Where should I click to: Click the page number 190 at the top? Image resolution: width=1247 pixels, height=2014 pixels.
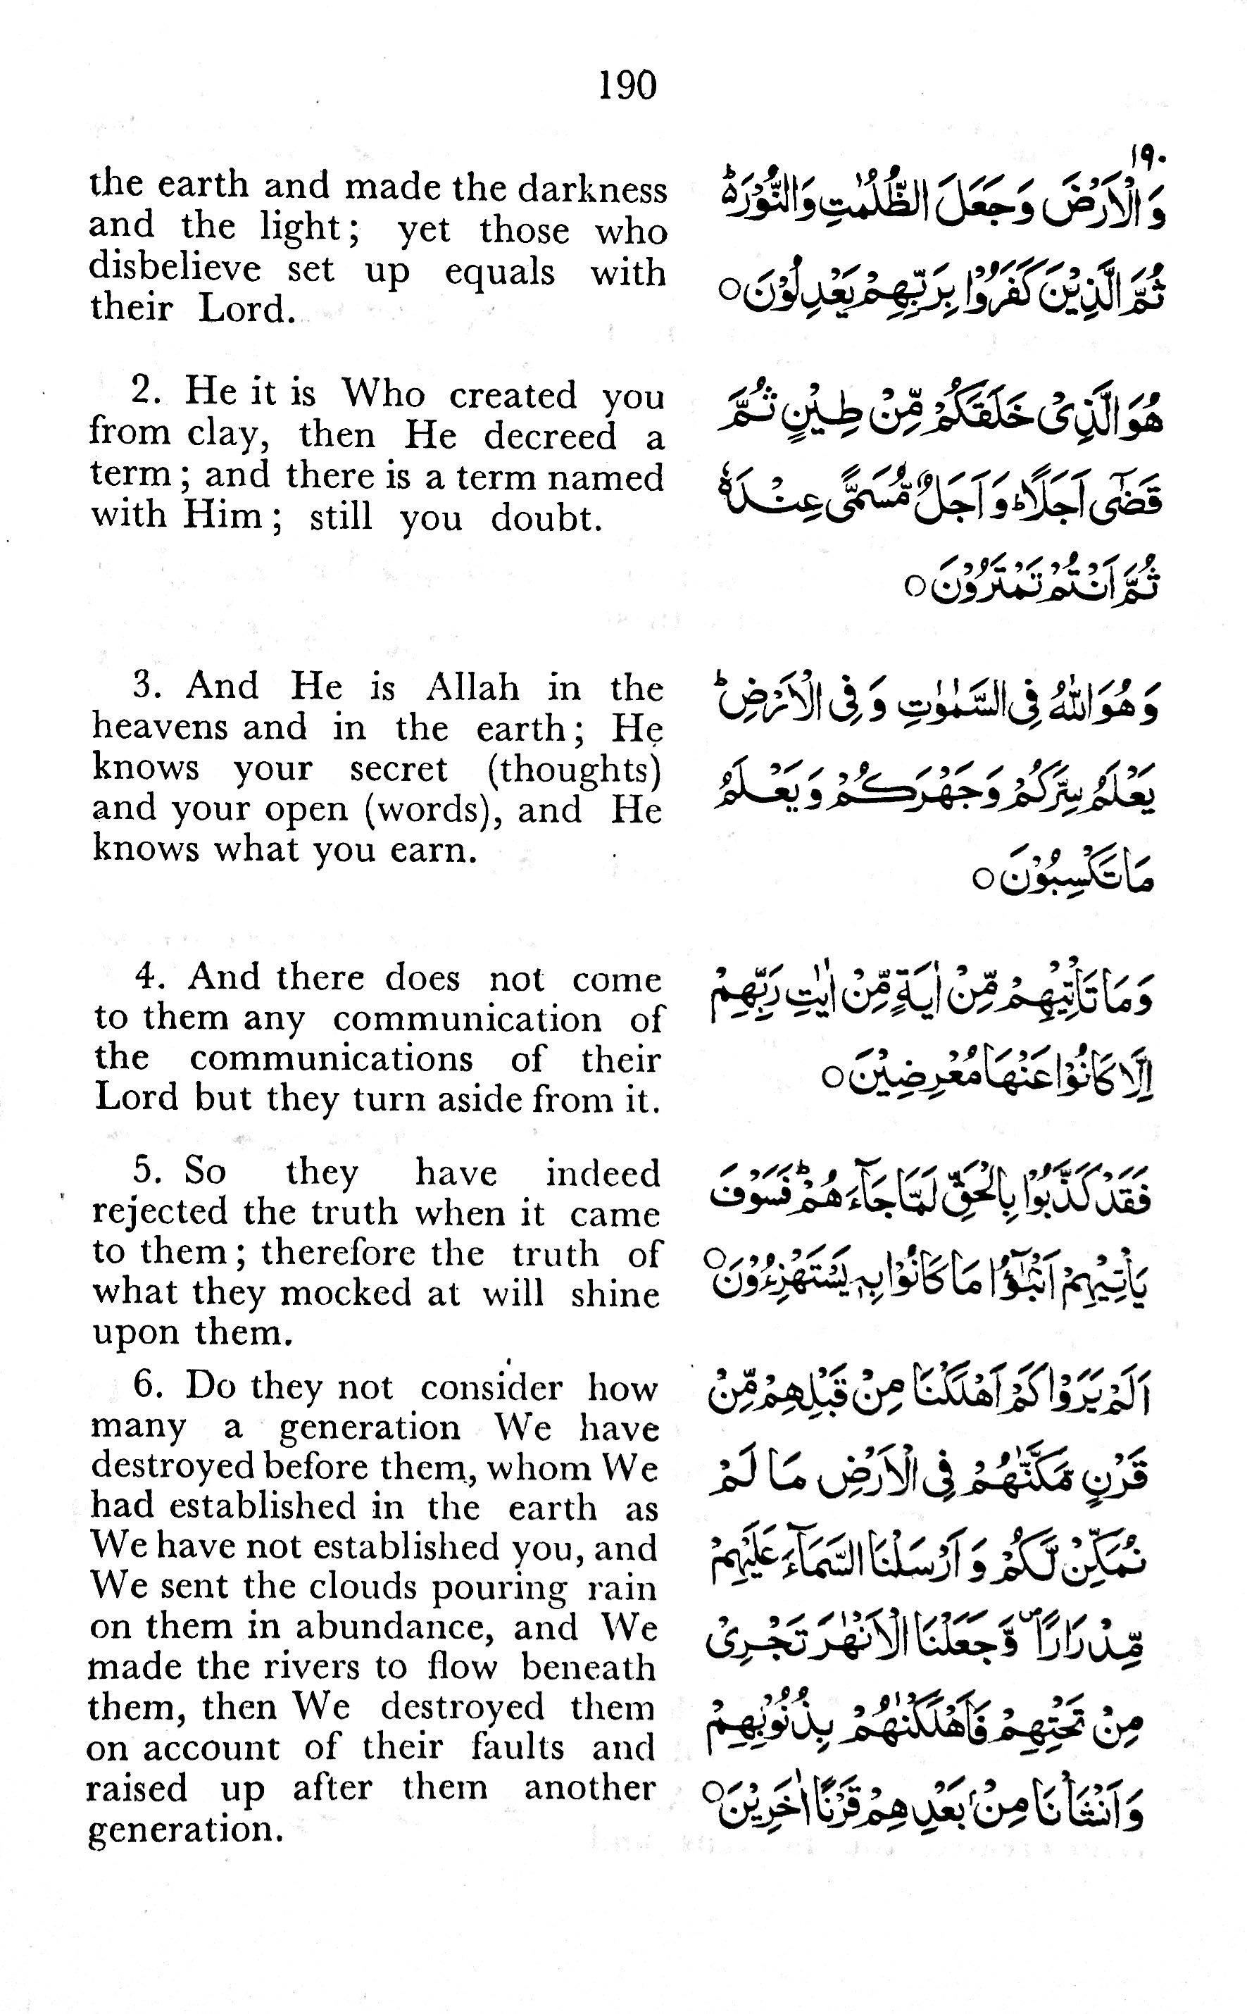click(627, 85)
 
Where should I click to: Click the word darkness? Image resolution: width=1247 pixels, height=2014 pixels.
click(591, 189)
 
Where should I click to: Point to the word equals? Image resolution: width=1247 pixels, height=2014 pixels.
click(499, 271)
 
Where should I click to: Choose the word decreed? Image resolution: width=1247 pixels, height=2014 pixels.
click(550, 435)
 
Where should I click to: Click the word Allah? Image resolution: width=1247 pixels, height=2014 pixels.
click(472, 687)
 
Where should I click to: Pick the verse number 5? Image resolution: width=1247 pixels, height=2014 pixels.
click(145, 1171)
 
